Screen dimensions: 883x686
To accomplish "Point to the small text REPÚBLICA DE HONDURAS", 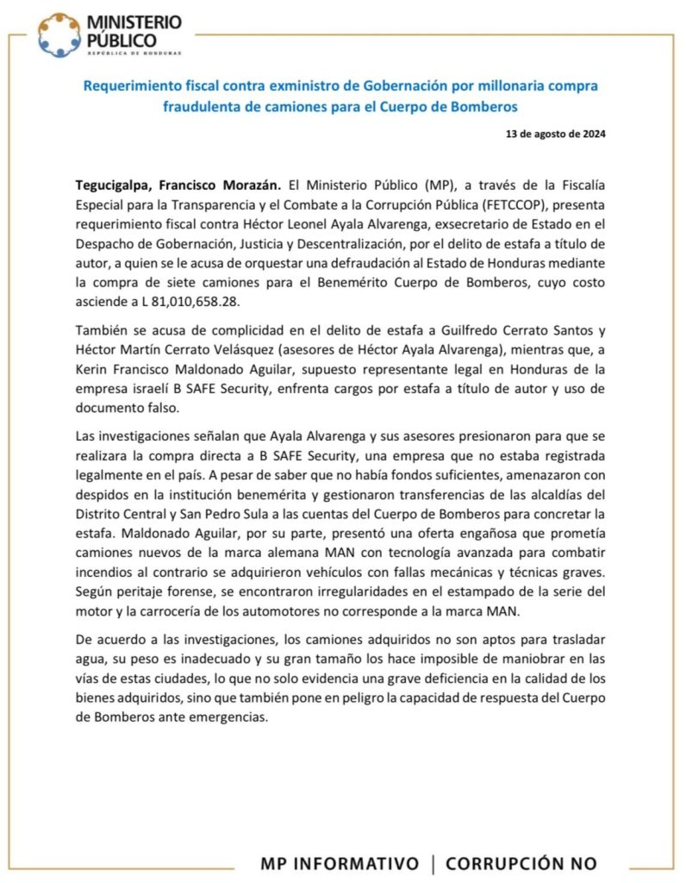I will click(134, 53).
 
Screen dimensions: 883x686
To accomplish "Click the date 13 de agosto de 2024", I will click(558, 135).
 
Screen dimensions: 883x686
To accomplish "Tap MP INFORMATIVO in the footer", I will click(340, 863).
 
